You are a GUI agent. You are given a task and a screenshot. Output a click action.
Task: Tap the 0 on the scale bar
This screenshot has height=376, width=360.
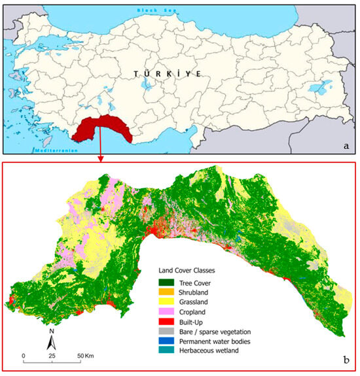tap(24, 356)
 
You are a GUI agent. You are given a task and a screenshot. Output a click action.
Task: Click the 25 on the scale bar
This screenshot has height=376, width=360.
tap(52, 356)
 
